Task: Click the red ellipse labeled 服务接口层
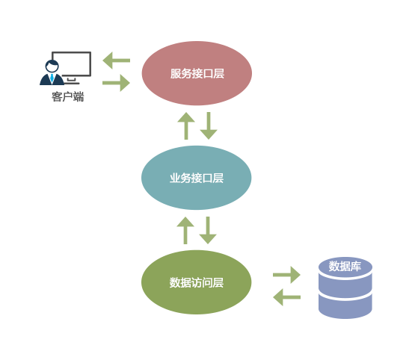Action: [197, 73]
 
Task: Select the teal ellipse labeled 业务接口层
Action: [196, 178]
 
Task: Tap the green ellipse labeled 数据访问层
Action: [196, 282]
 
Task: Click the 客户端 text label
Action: [68, 96]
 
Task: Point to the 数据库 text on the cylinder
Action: [345, 266]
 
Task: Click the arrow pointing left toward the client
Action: [117, 60]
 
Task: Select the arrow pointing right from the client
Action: [116, 83]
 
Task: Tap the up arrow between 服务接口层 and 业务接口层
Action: [186, 126]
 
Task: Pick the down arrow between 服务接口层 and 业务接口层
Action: [209, 126]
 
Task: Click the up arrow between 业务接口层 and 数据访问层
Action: [185, 230]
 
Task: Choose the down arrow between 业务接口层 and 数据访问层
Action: [208, 230]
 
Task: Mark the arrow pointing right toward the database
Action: [286, 275]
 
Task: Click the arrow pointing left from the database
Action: [286, 297]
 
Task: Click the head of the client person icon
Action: [52, 66]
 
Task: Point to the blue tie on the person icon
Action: [52, 78]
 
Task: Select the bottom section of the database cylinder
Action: [345, 306]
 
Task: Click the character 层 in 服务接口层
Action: [219, 73]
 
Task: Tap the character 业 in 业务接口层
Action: [175, 179]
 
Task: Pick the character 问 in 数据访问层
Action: [208, 282]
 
